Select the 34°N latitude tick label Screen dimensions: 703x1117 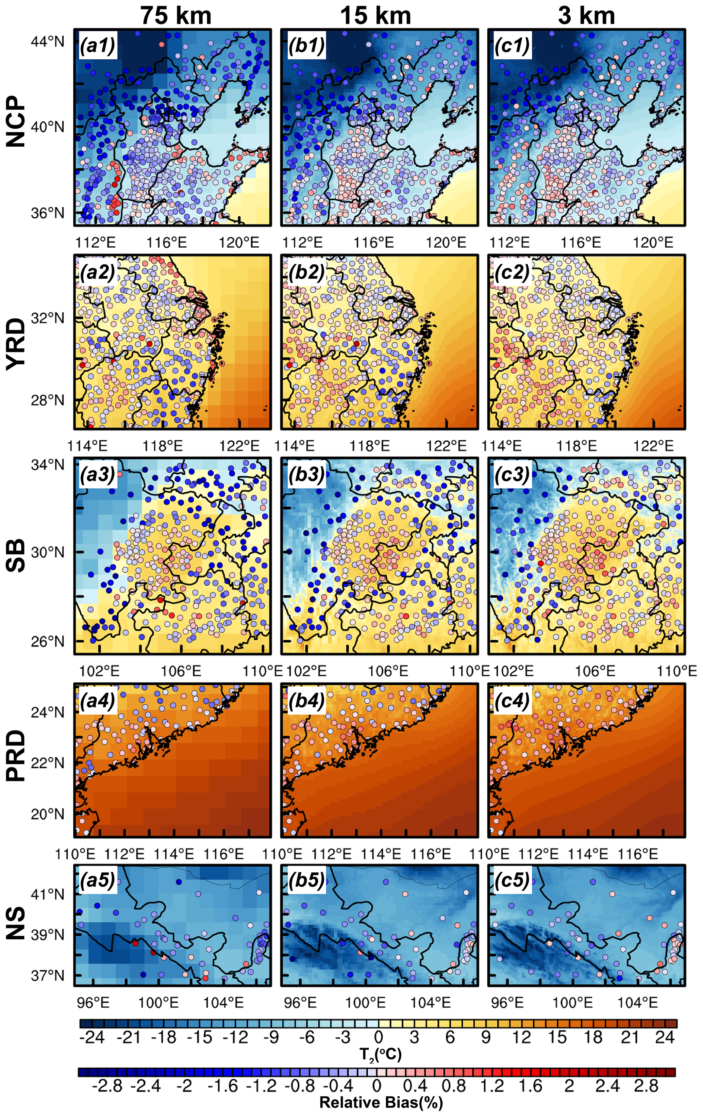pos(48,464)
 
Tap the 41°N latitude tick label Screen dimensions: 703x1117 pos(48,894)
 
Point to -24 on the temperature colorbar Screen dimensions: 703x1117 pos(92,1037)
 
